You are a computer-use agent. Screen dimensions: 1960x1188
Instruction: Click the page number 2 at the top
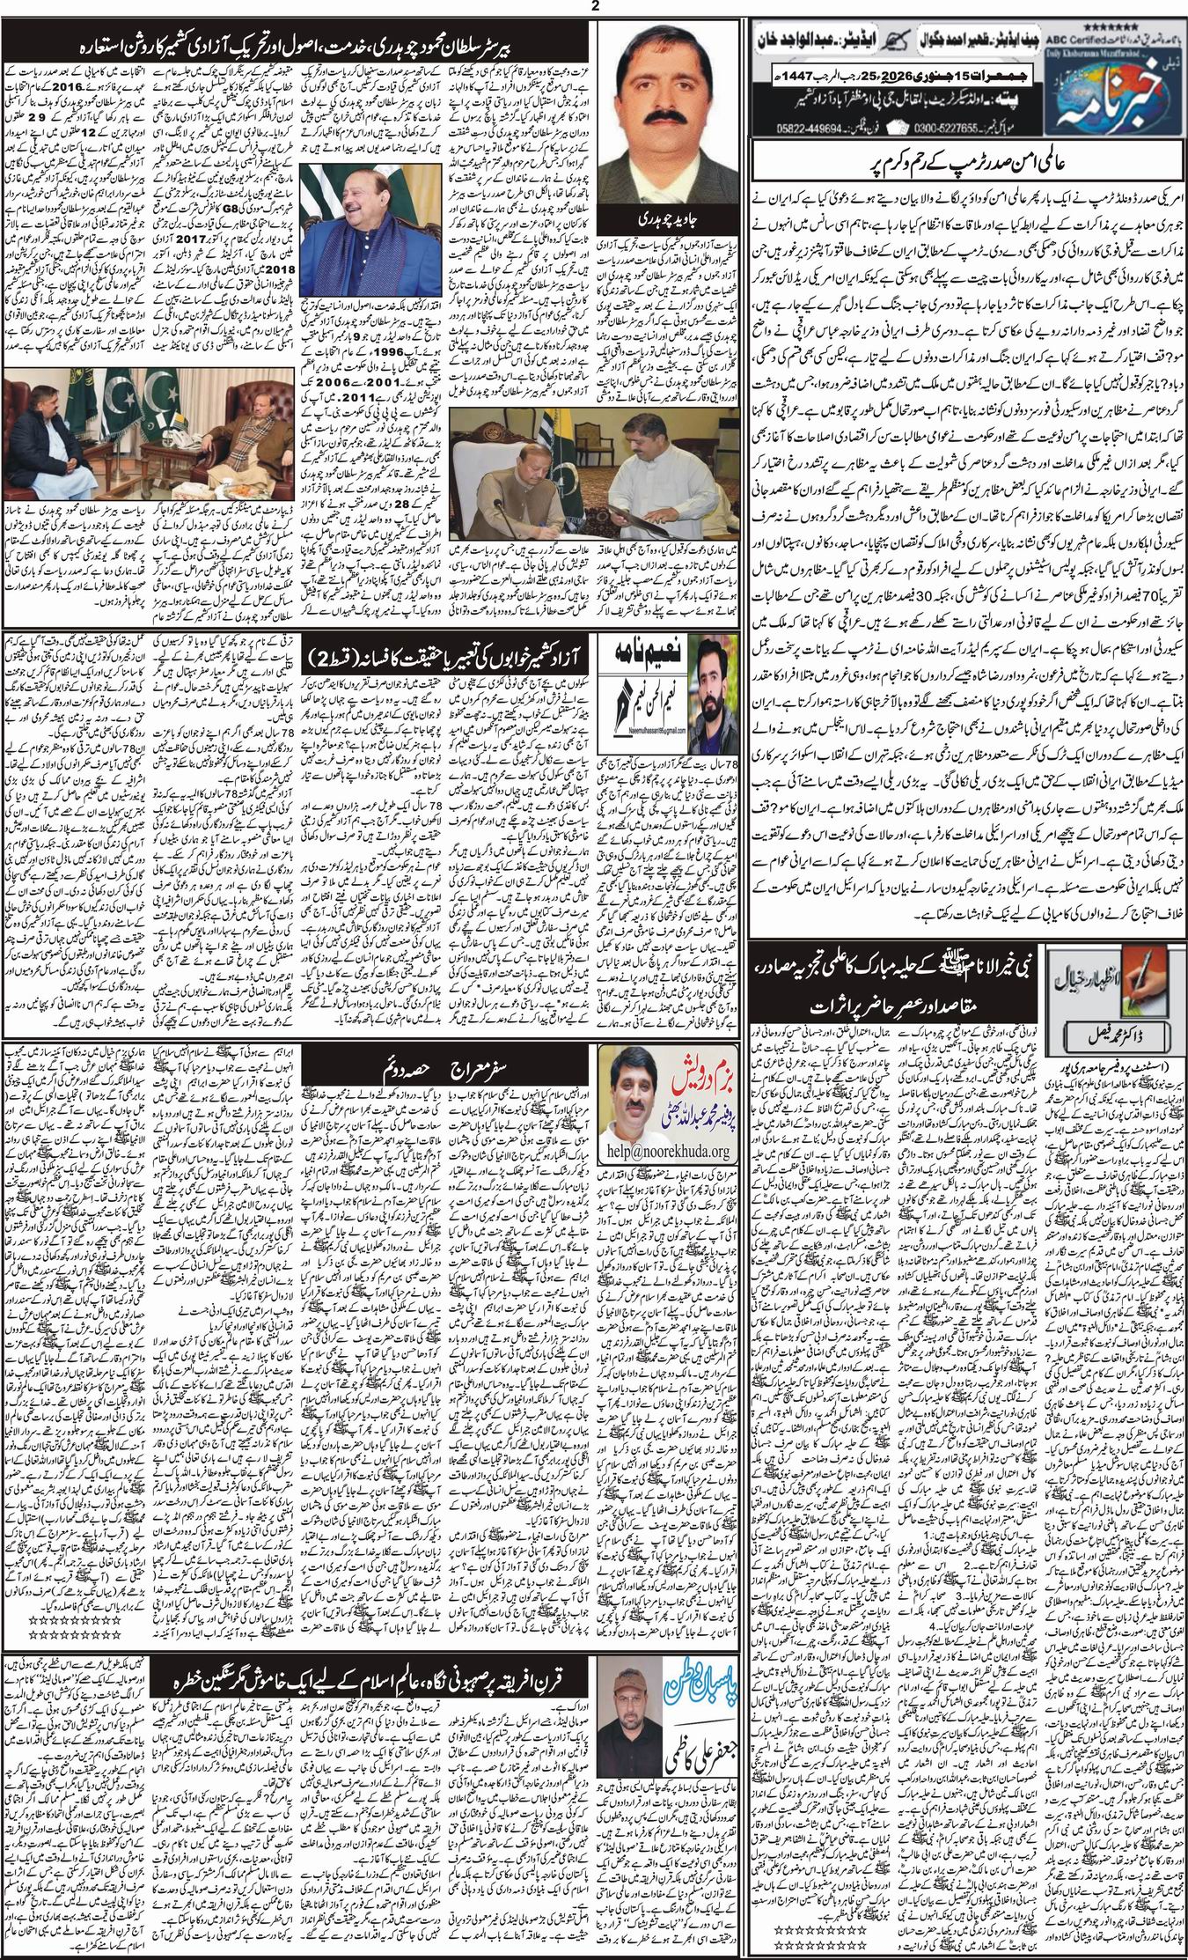point(594,8)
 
